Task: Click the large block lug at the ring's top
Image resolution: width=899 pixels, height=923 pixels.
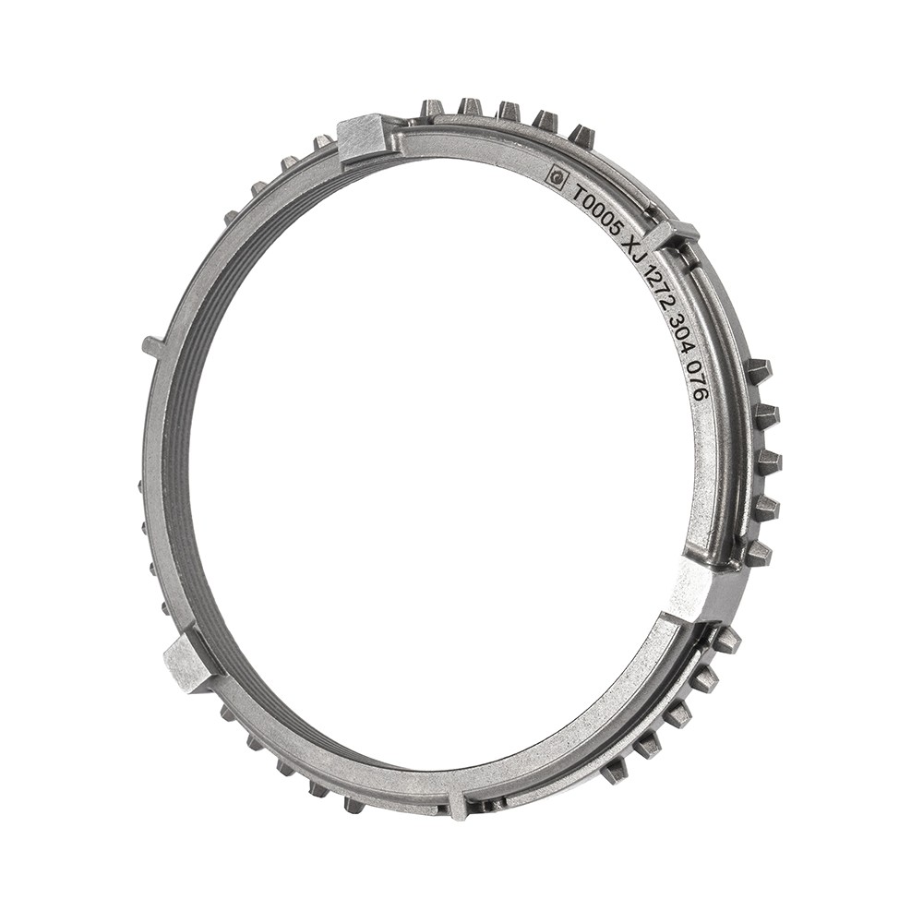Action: [362, 139]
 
